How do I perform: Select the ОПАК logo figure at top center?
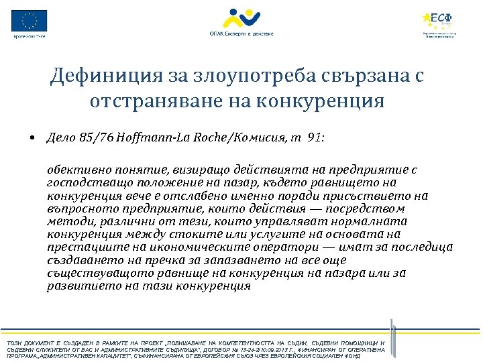pos(241,18)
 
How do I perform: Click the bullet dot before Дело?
pos(32,139)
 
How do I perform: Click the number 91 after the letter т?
pos(314,139)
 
